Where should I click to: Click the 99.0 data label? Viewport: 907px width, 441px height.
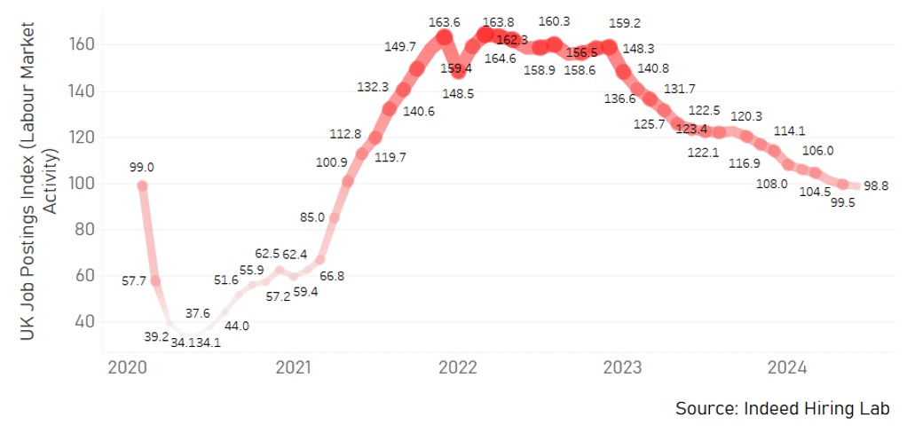pos(141,167)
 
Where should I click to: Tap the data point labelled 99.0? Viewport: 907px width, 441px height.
pos(142,185)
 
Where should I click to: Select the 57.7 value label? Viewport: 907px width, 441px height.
pos(133,280)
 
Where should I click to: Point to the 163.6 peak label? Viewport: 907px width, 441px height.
pos(444,22)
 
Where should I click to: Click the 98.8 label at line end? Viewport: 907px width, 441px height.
pos(876,185)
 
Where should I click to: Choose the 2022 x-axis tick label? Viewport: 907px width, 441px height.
pos(459,366)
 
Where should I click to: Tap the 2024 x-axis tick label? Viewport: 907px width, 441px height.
pos(786,366)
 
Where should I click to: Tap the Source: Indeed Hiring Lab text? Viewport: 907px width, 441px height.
pos(782,408)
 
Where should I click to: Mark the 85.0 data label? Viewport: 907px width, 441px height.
pos(312,216)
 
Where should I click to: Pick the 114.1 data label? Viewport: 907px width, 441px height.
pos(790,130)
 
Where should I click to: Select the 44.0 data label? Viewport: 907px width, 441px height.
pos(237,326)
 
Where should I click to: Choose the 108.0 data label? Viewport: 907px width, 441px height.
pos(770,184)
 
